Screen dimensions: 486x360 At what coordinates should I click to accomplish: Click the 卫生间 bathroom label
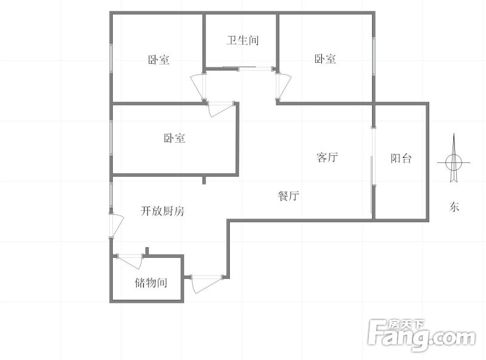(242, 40)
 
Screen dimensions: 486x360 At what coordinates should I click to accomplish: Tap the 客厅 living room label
(327, 158)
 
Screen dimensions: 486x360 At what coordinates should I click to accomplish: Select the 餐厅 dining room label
(288, 196)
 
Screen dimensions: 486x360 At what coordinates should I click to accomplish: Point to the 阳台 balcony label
(401, 158)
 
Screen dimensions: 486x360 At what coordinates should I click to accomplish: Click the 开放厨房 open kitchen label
(162, 211)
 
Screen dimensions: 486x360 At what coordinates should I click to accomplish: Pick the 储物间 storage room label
(151, 282)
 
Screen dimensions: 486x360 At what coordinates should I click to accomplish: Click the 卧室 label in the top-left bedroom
(158, 60)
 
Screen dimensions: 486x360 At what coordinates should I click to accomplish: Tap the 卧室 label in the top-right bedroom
(325, 59)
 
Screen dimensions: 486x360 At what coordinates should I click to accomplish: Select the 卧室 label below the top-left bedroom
(174, 138)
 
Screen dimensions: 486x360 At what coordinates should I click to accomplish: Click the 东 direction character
(454, 207)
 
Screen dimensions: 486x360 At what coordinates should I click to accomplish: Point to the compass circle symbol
(454, 162)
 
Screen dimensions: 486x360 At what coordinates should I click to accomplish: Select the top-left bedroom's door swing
(198, 87)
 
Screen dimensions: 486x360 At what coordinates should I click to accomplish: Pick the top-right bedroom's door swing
(284, 86)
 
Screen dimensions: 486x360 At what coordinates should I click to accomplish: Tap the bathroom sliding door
(239, 68)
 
